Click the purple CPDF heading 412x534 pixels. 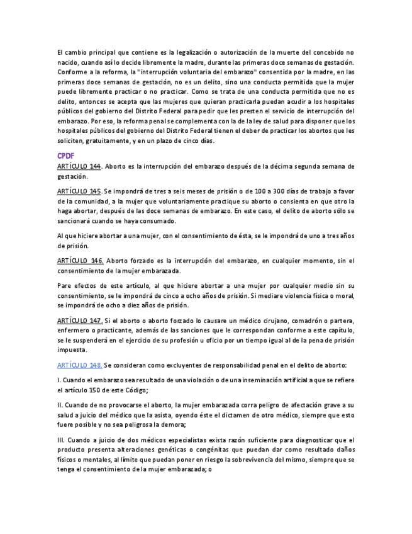click(x=65, y=156)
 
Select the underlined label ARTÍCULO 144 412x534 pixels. click(x=79, y=166)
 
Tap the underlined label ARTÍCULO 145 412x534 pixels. click(x=79, y=190)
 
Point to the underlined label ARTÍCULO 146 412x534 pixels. click(x=79, y=260)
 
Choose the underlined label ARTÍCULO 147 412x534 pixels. click(x=79, y=321)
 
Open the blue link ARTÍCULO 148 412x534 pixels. click(x=79, y=365)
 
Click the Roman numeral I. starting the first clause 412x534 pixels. click(x=58, y=380)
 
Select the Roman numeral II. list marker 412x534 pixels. click(x=59, y=405)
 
